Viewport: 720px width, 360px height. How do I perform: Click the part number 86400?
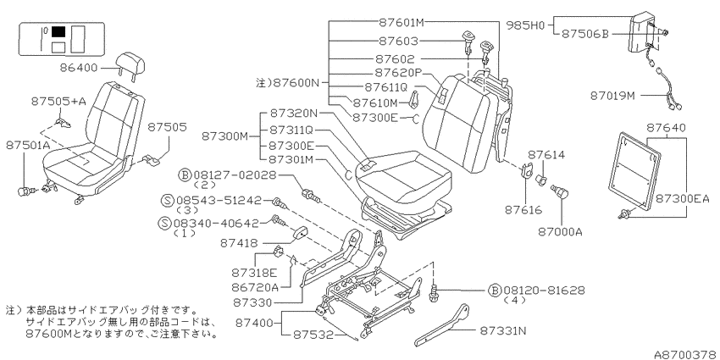(79, 68)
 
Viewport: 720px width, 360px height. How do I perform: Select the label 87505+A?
(58, 102)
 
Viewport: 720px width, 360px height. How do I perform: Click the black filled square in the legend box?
(58, 31)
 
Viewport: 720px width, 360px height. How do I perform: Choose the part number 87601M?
(402, 21)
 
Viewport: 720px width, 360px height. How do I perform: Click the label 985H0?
(525, 25)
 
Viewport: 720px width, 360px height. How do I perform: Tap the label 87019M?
(612, 96)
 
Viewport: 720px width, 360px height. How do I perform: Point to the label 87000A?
(560, 231)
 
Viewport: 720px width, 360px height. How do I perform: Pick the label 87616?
(523, 210)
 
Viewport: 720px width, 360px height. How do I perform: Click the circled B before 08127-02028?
(185, 175)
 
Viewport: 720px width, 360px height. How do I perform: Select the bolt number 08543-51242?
(219, 200)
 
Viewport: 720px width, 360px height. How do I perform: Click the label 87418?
(239, 243)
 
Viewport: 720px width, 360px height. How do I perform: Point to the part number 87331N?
(504, 330)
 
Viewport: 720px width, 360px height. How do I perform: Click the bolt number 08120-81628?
(544, 291)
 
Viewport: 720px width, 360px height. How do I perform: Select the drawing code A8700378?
(686, 354)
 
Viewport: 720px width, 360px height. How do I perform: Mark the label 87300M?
(225, 136)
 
